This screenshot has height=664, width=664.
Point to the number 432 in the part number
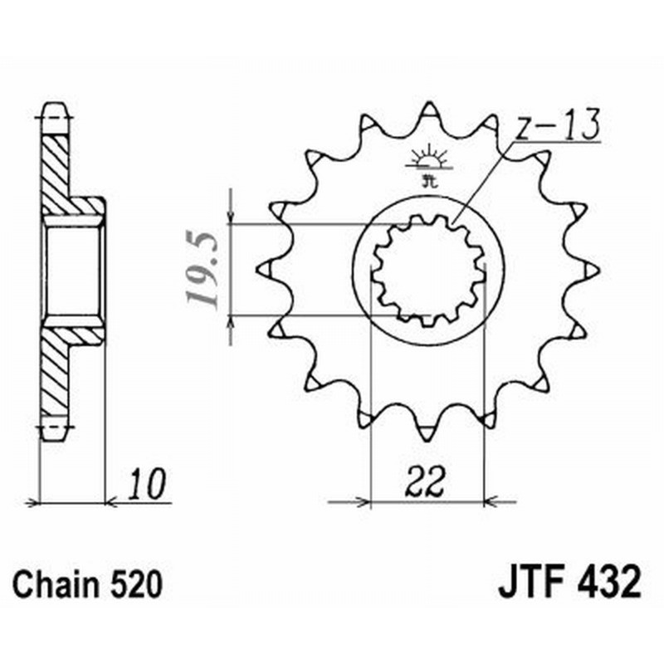(608, 583)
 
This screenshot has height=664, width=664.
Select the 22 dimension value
(427, 482)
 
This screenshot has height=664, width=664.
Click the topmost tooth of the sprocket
(428, 111)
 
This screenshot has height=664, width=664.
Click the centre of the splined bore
(427, 271)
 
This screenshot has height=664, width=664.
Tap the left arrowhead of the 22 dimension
(362, 501)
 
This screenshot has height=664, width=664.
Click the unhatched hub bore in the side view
(74, 271)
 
